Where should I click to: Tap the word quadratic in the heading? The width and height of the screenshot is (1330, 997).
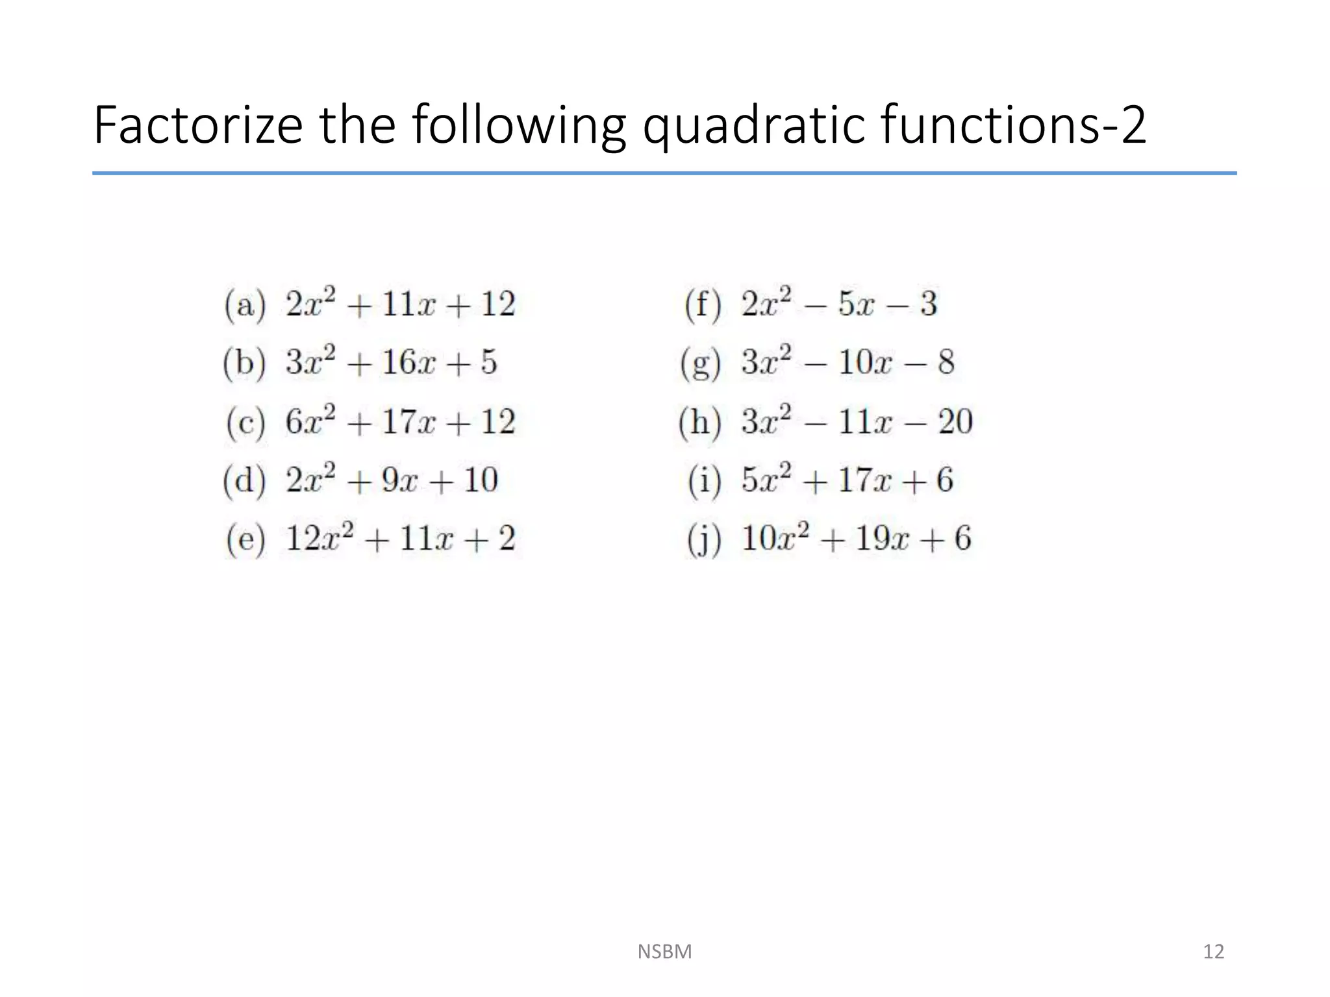(753, 126)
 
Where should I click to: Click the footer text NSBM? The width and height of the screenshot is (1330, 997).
(664, 952)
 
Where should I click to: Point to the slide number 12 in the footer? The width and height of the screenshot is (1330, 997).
(1213, 952)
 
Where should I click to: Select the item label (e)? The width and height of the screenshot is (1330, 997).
(245, 539)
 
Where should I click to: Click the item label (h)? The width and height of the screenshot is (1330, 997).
(699, 423)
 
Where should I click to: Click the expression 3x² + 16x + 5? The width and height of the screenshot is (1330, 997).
(391, 362)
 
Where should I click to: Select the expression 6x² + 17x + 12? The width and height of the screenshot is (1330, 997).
(400, 422)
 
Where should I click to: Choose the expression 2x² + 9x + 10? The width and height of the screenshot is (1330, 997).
(392, 480)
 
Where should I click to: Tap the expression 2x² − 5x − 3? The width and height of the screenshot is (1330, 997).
(839, 304)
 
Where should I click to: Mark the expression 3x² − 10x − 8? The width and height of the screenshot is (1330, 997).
(847, 362)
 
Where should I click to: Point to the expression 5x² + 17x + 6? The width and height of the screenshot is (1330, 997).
(847, 480)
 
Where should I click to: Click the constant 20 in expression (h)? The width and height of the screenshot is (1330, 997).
(955, 422)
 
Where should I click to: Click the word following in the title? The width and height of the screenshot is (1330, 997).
(519, 126)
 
